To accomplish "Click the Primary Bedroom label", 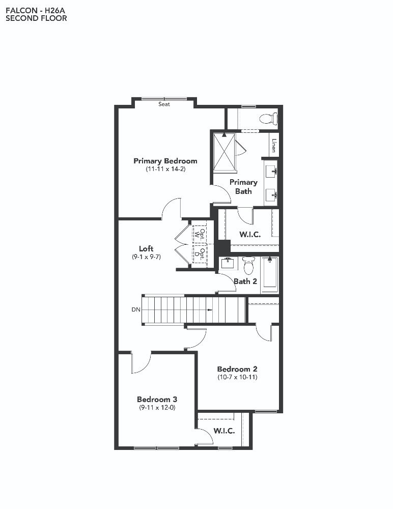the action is (165, 161).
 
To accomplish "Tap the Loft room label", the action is (146, 249).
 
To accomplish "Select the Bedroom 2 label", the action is (237, 369).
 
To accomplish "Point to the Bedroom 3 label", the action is (157, 400).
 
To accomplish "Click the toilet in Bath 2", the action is (249, 266).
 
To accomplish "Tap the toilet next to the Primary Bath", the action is (268, 118).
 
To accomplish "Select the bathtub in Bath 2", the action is (270, 273).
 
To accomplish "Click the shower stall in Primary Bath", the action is (224, 151).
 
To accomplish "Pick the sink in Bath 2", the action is (229, 263).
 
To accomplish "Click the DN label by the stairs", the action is (136, 309).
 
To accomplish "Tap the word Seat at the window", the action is (164, 104).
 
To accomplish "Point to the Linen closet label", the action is (274, 146).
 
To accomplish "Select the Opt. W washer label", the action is (200, 234).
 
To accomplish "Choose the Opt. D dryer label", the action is (200, 254).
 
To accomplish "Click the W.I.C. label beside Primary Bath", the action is (250, 234).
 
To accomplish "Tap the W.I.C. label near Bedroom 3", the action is (224, 431).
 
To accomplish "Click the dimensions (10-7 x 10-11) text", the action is (237, 377).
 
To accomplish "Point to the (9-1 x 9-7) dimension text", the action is (146, 257).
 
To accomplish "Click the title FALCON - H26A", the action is (36, 10).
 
